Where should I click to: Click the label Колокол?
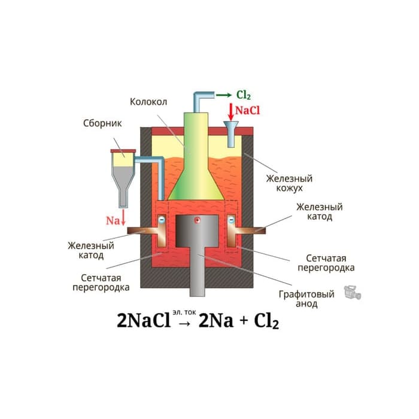[148, 102]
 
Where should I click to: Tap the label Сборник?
[102, 123]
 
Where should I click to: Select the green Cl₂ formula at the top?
[244, 95]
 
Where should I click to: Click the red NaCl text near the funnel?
[247, 110]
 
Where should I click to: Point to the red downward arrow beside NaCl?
[230, 112]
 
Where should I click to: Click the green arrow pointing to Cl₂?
[224, 95]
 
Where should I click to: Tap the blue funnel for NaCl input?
[231, 134]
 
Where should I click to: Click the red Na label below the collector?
[113, 220]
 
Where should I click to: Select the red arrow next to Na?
[123, 217]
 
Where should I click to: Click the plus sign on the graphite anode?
[197, 220]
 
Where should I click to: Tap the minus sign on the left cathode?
[162, 220]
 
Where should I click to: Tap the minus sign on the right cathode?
[232, 220]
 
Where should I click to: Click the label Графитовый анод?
[306, 299]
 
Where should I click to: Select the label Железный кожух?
[289, 183]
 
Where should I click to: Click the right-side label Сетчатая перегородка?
[326, 263]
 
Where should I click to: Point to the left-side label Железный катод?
[91, 250]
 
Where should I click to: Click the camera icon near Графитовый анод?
[353, 293]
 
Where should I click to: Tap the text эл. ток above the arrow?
[184, 312]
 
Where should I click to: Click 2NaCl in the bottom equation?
[144, 320]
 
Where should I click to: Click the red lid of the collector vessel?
[123, 151]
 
